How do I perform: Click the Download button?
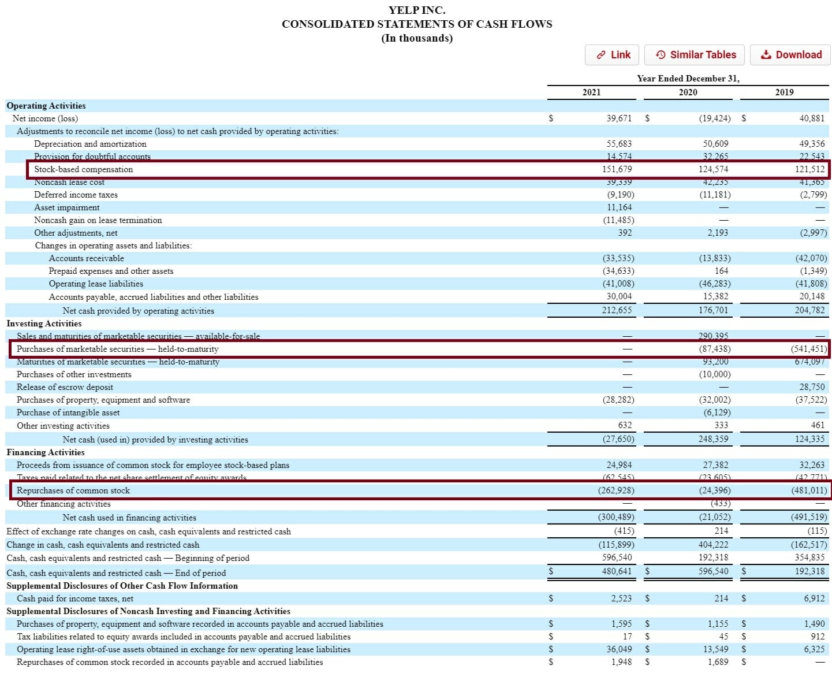790,55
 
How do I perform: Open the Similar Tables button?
695,55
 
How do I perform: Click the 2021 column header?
591,92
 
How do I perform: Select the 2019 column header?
784,92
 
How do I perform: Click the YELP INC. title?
417,10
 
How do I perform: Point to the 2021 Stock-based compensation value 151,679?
617,169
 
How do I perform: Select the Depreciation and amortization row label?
90,144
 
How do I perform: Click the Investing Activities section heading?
44,324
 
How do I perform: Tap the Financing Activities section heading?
46,452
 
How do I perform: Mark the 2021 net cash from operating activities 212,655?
617,310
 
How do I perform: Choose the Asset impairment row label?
66,207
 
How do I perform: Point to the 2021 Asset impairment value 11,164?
619,207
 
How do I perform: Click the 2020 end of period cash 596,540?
713,571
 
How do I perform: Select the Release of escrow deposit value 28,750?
812,387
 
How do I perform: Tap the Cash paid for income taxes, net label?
75,598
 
